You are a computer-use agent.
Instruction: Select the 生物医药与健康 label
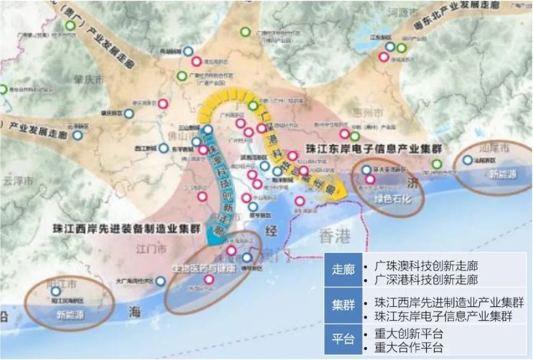point(202,268)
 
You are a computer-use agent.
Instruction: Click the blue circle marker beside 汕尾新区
point(467,159)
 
